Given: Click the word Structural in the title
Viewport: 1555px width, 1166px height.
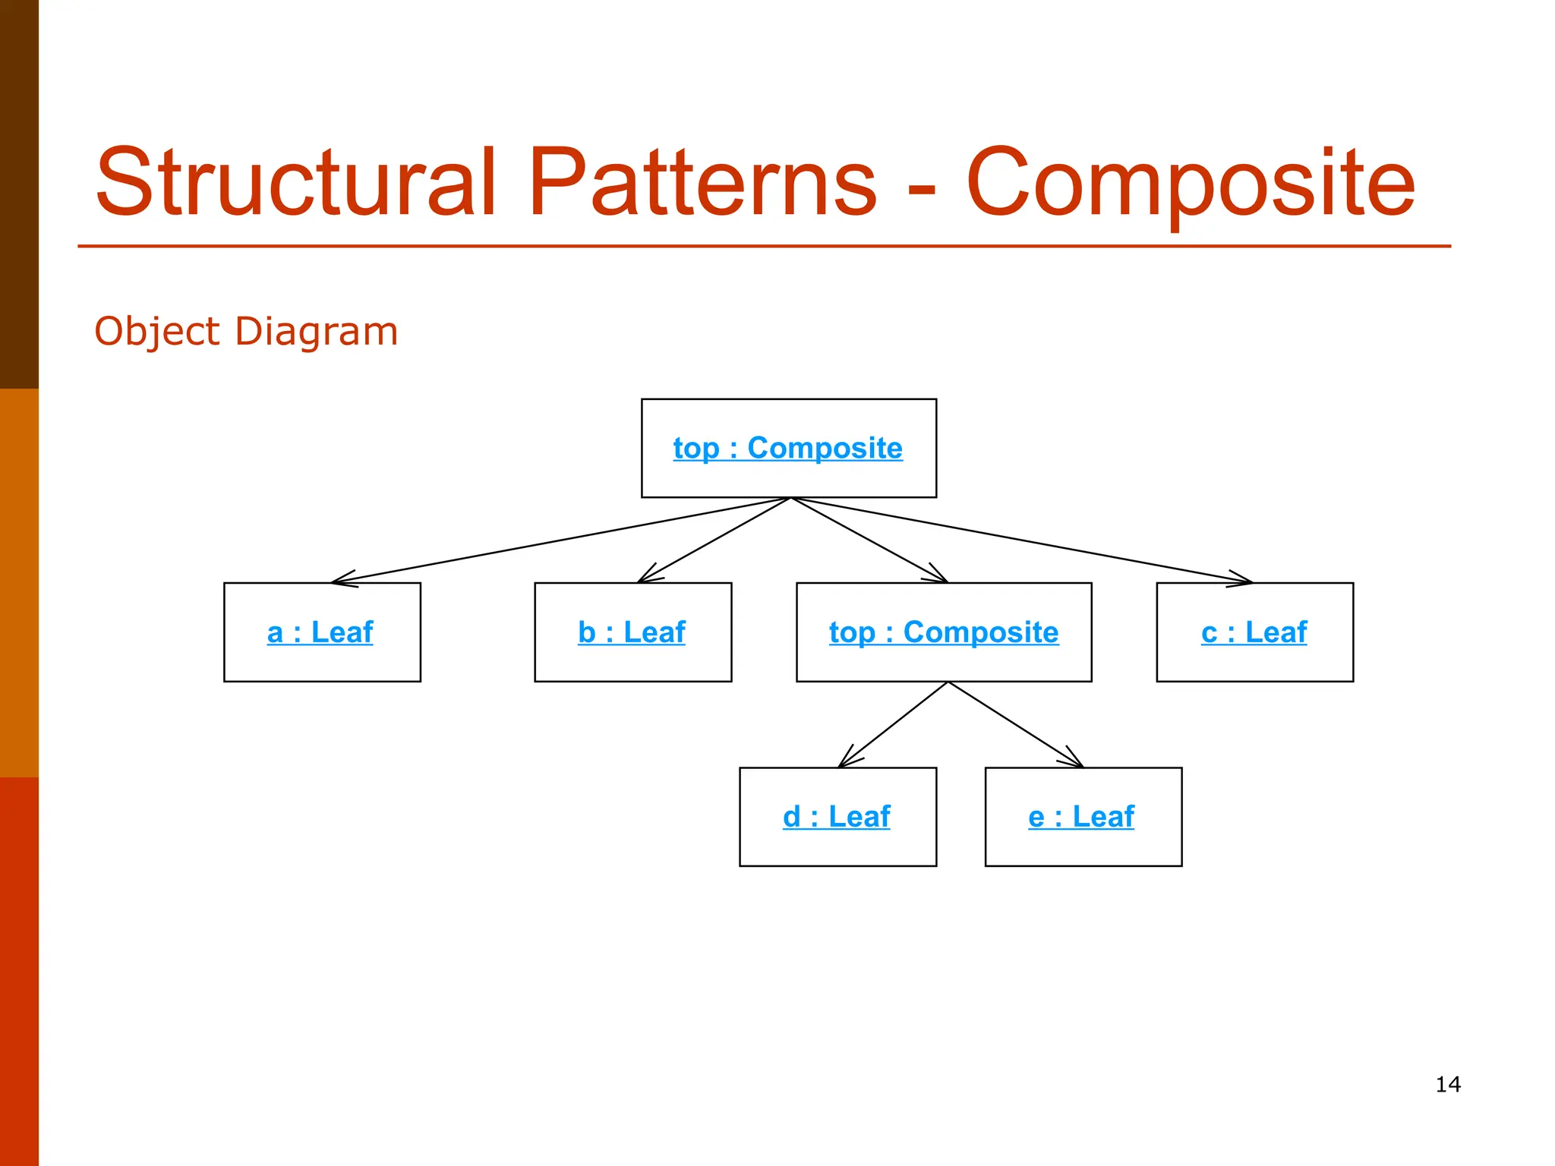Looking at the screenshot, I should coord(296,182).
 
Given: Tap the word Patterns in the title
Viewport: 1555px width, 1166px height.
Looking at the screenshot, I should coord(702,182).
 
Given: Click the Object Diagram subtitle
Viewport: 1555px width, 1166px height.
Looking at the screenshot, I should coord(246,332).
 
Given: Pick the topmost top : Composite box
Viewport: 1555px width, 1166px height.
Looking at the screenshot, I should coord(788,448).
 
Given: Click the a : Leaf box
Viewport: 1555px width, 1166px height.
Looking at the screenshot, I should coord(322,632).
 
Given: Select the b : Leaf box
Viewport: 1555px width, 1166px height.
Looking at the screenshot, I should coord(632,632).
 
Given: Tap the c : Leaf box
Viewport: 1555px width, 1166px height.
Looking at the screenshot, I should coord(1254,632).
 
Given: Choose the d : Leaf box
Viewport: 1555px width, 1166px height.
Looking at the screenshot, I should coord(837,817).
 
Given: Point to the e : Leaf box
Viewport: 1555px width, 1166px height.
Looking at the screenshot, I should coord(1083,817).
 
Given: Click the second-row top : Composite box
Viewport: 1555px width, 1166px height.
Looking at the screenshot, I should coord(944,632).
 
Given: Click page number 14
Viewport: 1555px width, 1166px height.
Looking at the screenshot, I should coord(1448,1084).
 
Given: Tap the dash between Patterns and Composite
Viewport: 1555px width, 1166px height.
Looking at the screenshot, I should coord(921,187).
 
